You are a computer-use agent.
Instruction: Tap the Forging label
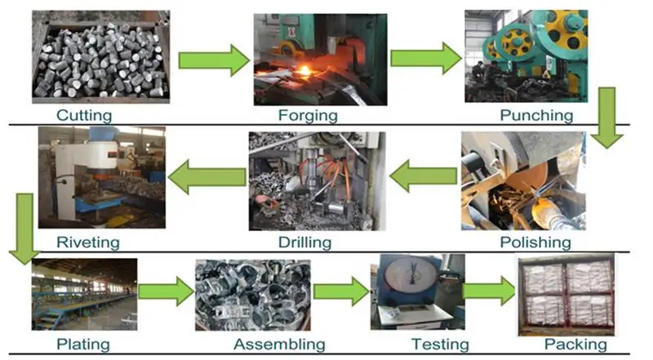309,114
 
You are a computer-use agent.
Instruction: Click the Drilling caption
304,242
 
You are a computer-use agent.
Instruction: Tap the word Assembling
278,344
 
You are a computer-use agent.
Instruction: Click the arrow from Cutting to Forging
213,60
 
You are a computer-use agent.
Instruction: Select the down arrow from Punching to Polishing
606,118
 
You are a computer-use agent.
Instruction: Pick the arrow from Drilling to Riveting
207,177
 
